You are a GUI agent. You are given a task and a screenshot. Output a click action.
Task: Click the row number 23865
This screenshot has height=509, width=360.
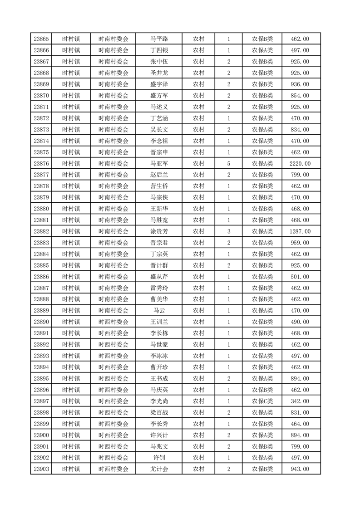pos(41,39)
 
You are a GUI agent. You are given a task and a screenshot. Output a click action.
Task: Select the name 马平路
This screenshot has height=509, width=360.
pos(159,39)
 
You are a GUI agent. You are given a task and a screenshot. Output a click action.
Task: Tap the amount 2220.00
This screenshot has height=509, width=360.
pos(300,164)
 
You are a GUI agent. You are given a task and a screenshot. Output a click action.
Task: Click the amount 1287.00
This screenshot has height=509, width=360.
pos(300,231)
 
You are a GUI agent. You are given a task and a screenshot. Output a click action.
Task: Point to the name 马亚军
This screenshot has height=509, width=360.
pos(159,164)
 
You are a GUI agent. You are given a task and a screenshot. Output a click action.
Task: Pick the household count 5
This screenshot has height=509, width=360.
pos(228,164)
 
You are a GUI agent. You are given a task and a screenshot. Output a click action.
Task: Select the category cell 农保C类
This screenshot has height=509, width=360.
pos(262,401)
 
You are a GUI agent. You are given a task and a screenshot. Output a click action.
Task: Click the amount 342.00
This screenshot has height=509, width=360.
pos(300,401)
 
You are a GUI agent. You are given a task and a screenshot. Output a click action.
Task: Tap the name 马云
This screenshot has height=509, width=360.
pos(159,311)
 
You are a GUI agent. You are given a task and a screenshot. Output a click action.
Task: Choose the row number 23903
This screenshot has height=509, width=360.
pos(41,469)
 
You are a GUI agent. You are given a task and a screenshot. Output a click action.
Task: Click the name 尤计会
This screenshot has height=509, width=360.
pos(159,469)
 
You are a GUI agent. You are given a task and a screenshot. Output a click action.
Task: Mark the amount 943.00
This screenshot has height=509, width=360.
pos(300,469)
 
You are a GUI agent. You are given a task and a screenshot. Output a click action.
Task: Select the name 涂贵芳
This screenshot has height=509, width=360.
pos(159,231)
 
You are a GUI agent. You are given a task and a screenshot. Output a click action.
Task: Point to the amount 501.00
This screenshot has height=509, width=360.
pos(300,277)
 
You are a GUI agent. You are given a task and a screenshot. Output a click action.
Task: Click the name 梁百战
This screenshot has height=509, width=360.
pos(159,412)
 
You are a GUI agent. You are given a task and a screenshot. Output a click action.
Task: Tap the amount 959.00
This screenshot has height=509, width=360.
pos(300,243)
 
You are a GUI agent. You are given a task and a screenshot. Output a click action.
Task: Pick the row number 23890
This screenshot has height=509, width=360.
pos(41,322)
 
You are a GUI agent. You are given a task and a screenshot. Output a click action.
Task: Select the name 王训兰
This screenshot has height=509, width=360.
pos(159,322)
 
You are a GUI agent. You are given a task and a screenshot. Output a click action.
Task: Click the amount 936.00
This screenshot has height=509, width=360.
pos(300,84)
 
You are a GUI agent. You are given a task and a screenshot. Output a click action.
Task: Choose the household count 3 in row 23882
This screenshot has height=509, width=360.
pos(228,231)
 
